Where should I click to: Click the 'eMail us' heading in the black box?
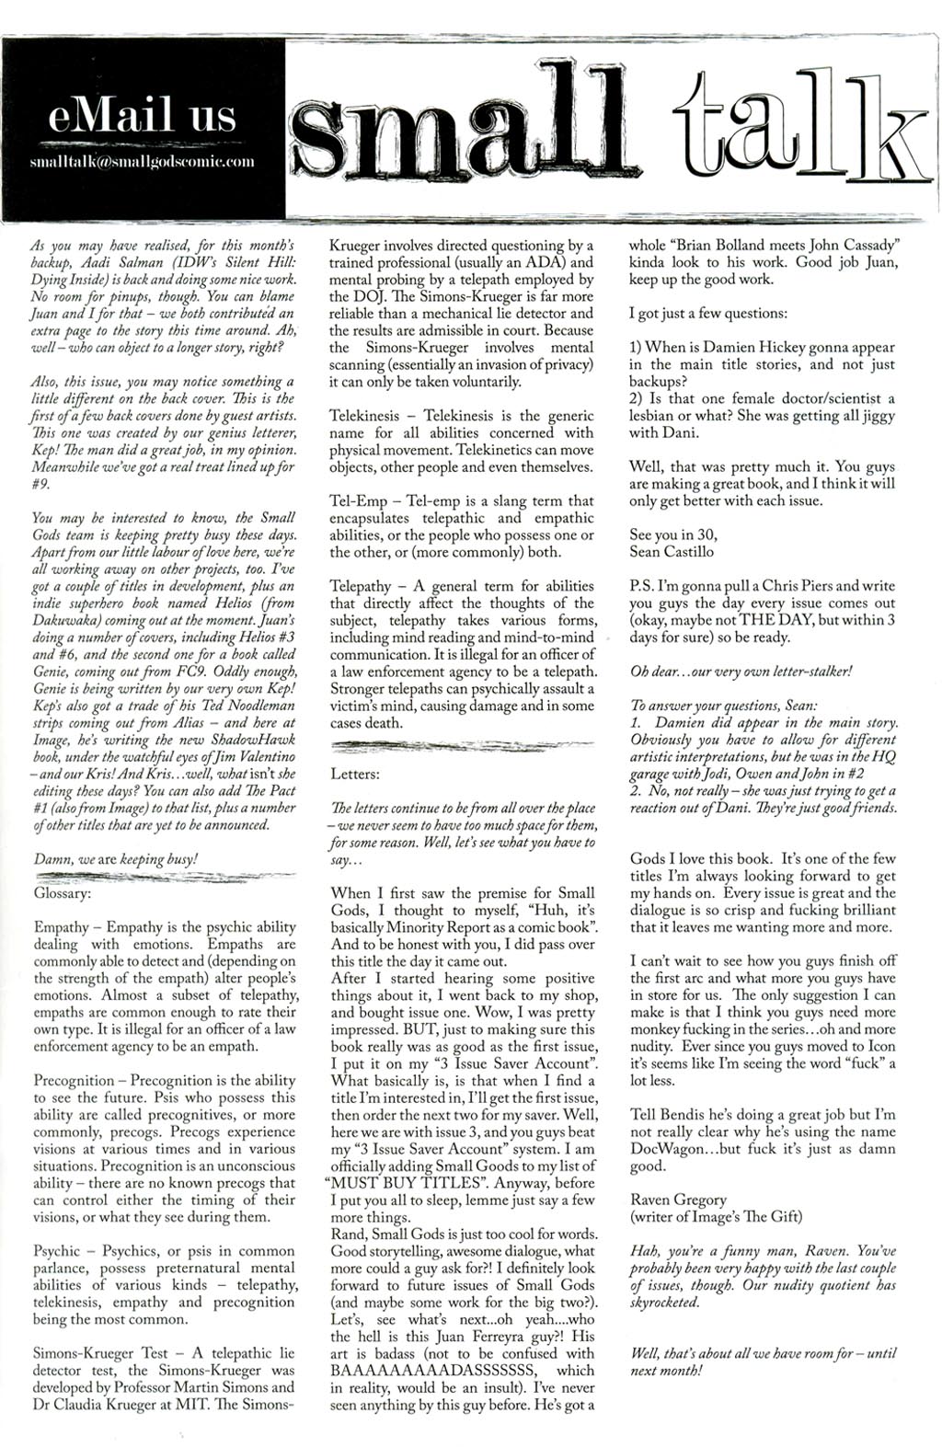(142, 117)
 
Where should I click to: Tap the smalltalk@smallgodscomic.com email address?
(142, 162)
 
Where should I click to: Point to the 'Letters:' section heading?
(354, 774)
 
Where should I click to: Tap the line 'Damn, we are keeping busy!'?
(115, 859)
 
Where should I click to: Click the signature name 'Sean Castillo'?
(672, 552)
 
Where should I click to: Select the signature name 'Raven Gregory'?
(678, 1200)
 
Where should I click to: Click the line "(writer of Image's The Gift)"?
(716, 1217)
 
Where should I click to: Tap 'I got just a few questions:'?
(708, 314)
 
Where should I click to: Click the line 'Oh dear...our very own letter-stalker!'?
(741, 671)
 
